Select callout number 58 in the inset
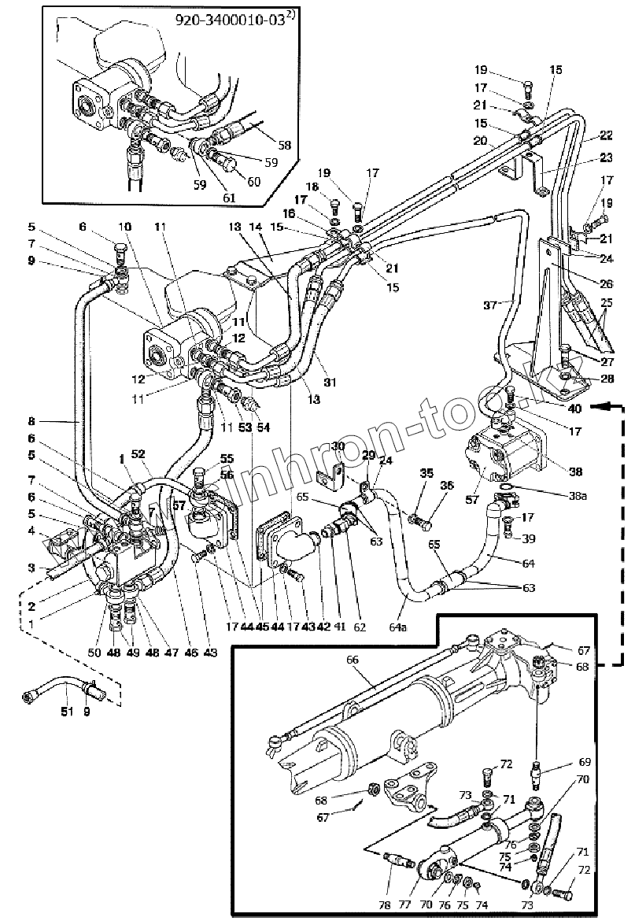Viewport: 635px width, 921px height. (284, 146)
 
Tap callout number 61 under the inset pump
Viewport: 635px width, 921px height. (229, 198)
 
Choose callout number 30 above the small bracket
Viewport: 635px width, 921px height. (338, 446)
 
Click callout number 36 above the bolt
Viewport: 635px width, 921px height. (446, 486)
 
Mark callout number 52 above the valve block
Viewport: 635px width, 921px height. (139, 455)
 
